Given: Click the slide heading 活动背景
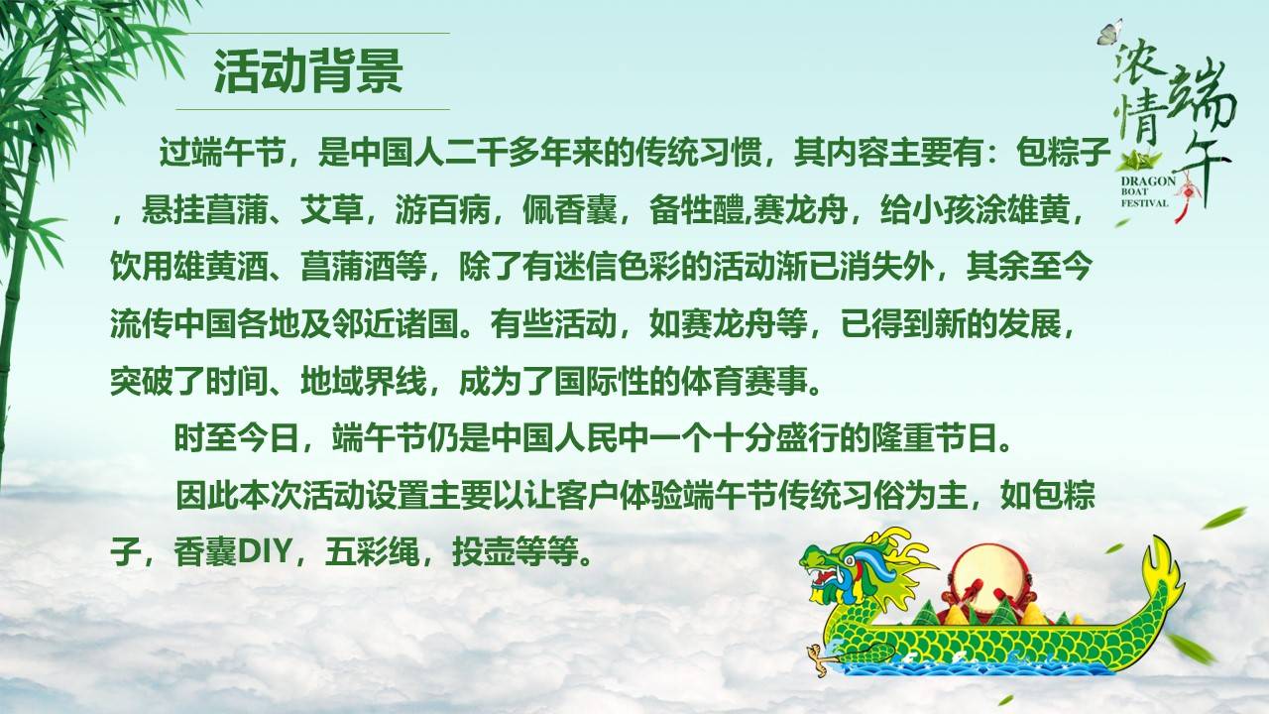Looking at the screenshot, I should pyautogui.click(x=308, y=71).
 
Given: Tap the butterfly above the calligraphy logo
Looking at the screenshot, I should pyautogui.click(x=1109, y=31).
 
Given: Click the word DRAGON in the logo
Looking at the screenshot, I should pyautogui.click(x=1148, y=183).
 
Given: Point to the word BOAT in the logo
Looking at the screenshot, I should pyautogui.click(x=1135, y=193).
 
